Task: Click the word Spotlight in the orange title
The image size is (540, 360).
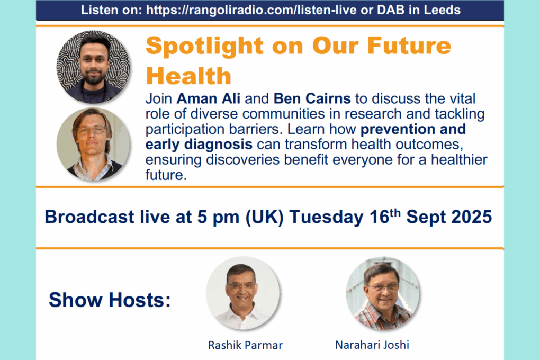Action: coord(205,47)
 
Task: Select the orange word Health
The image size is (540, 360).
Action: coord(188,76)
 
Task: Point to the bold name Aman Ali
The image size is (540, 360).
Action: coord(209,98)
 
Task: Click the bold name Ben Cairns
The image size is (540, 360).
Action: coord(312,98)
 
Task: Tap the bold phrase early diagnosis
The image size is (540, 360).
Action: coord(199,145)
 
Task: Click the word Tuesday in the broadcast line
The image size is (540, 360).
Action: coord(326,217)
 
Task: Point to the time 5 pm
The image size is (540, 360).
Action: coord(218,218)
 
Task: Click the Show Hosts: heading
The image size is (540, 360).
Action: coord(110,300)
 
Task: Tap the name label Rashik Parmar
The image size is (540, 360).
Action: coord(245,345)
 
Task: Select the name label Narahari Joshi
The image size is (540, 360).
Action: coord(372,345)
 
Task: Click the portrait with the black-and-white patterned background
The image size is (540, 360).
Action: coord(93,67)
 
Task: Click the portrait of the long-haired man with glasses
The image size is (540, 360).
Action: coord(93,145)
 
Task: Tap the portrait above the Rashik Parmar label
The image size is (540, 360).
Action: coord(243,293)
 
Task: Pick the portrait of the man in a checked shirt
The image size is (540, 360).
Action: coord(383,293)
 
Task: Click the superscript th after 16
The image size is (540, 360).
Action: coord(395,213)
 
